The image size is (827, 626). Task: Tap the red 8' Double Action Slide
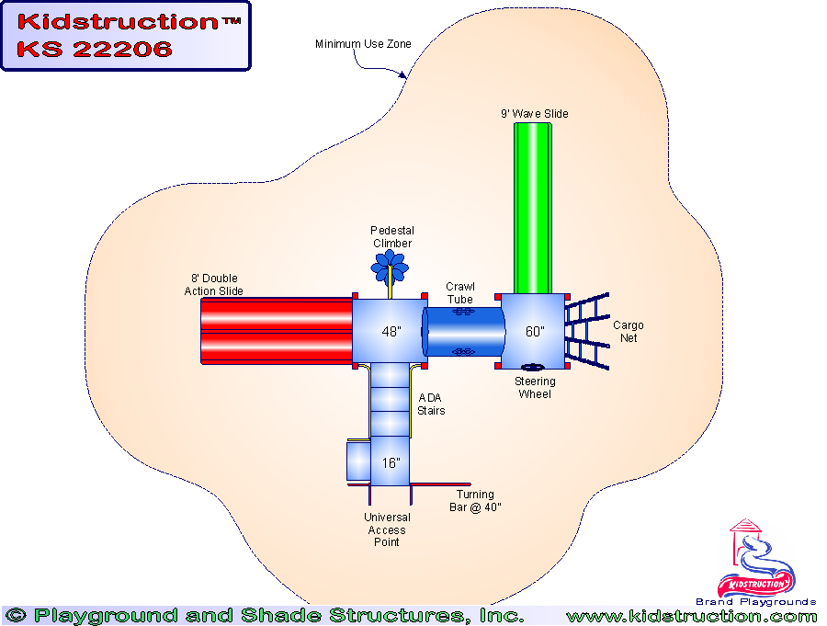[276, 330]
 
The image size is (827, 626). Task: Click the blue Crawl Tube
[464, 331]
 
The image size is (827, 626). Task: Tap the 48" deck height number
[391, 331]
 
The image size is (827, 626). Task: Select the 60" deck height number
[535, 331]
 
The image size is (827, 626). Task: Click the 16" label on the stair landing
[391, 462]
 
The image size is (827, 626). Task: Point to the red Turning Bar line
[440, 484]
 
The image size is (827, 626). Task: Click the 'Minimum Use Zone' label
[363, 44]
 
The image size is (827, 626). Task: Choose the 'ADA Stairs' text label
[431, 404]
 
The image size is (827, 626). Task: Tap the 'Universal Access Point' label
[387, 529]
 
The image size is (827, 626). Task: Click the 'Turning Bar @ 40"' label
[475, 501]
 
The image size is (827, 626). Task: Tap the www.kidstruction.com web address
[691, 616]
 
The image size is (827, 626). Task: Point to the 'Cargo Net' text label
[629, 332]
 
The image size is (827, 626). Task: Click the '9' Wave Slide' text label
[534, 114]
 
